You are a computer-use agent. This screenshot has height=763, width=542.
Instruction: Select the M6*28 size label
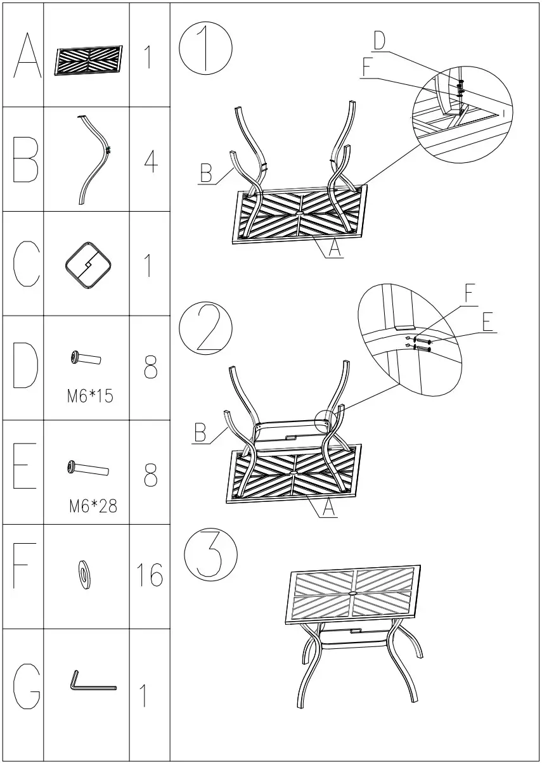click(92, 506)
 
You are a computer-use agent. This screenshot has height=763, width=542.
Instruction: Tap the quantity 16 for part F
click(150, 575)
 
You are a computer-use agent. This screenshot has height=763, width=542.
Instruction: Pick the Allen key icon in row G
click(91, 683)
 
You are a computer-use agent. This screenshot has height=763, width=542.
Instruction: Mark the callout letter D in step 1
click(378, 41)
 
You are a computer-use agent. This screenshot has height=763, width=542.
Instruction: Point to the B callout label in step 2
click(201, 435)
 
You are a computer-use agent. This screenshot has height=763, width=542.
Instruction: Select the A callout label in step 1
click(335, 249)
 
